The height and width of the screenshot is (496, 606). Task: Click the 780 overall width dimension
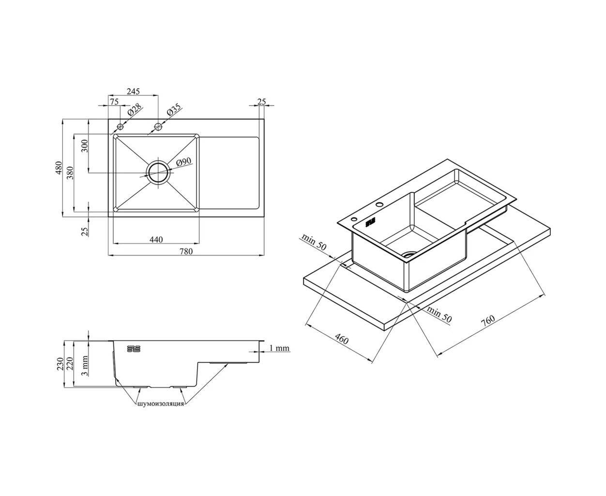(186, 251)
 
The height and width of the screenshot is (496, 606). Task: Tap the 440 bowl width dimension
(156, 239)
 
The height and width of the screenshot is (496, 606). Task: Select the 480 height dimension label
(59, 168)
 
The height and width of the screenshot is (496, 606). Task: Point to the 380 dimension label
(70, 172)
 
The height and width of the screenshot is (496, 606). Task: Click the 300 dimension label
(85, 146)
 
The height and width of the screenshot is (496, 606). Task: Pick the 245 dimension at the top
(133, 91)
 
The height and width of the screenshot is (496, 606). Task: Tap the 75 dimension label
(114, 102)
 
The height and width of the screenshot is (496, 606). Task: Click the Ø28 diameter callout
(135, 109)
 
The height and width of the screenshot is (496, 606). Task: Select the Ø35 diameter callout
(174, 109)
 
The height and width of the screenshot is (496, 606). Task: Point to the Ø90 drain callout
(183, 162)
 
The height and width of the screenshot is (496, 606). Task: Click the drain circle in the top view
(158, 172)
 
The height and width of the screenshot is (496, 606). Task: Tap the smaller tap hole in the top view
(120, 126)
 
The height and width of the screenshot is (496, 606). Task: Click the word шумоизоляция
(161, 403)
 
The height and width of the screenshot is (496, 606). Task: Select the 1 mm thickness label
(279, 348)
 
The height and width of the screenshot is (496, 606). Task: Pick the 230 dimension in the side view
(60, 364)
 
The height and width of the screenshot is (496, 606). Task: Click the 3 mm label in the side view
(85, 366)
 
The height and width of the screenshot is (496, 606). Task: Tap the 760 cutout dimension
(488, 321)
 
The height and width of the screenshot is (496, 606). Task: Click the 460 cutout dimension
(341, 340)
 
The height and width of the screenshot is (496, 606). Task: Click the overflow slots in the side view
(134, 348)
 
